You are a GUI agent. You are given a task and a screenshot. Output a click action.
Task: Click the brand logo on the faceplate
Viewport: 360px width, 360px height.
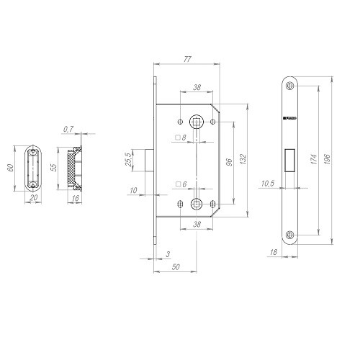point(289,116)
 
